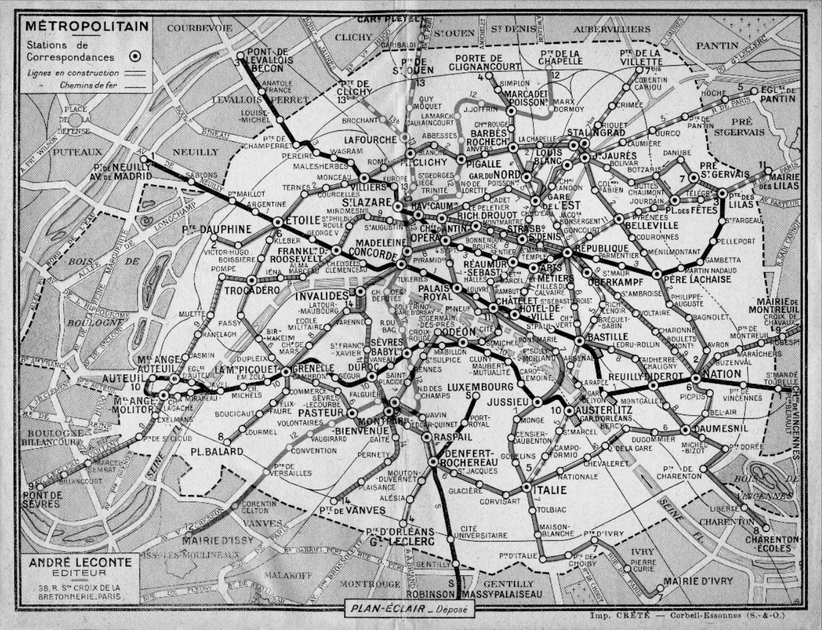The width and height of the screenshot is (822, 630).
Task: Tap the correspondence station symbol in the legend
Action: click(136, 56)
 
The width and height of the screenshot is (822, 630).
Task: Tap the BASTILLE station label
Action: click(606, 336)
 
